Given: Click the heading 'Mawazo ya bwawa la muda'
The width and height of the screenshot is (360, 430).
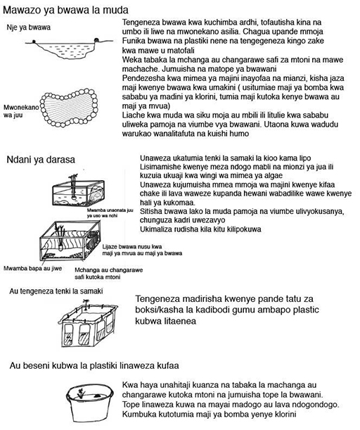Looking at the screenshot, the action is [65, 10].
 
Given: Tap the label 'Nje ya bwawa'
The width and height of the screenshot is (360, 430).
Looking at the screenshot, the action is [29, 27].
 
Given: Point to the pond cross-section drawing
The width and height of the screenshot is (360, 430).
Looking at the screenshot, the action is [69, 49].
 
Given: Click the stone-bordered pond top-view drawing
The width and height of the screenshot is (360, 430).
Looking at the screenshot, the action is [69, 107].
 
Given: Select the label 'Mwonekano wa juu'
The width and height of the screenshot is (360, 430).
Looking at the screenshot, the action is [21, 111].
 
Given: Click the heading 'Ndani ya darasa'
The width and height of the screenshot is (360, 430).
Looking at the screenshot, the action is [41, 159].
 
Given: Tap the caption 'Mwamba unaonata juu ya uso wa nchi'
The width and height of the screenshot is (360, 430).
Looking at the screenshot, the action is [110, 213].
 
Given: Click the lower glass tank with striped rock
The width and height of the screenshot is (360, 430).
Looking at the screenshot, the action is [70, 240].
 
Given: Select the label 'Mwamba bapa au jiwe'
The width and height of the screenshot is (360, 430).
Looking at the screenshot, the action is [32, 268].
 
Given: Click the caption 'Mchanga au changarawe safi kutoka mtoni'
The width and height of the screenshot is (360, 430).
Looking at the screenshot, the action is [109, 273].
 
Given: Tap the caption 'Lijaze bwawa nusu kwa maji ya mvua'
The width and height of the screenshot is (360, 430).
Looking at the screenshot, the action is [142, 250].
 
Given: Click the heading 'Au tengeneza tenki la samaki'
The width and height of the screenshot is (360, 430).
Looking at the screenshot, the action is [56, 291].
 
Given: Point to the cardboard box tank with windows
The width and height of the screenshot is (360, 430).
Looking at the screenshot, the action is [88, 324].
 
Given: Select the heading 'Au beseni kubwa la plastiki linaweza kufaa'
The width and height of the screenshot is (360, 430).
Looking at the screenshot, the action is [94, 365].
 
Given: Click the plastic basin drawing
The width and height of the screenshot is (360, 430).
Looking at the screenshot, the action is [89, 403].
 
